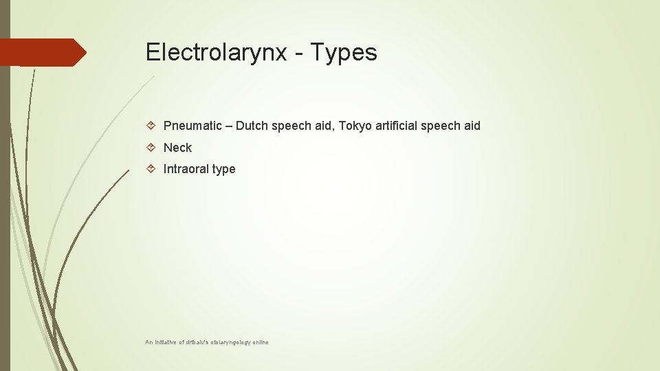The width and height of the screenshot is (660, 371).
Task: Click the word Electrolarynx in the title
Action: point(216,52)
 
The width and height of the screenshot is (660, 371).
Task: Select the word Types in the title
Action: point(344,53)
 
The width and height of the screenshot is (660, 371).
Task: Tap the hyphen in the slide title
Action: point(298,54)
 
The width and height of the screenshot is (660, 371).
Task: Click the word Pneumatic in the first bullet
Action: point(192,126)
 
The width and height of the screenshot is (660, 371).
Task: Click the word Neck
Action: point(177,148)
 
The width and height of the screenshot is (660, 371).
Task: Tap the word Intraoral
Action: point(186,169)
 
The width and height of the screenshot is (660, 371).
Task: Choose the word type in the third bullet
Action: point(224,170)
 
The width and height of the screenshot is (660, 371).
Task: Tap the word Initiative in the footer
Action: point(167,341)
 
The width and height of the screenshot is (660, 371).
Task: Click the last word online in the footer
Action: point(260,341)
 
